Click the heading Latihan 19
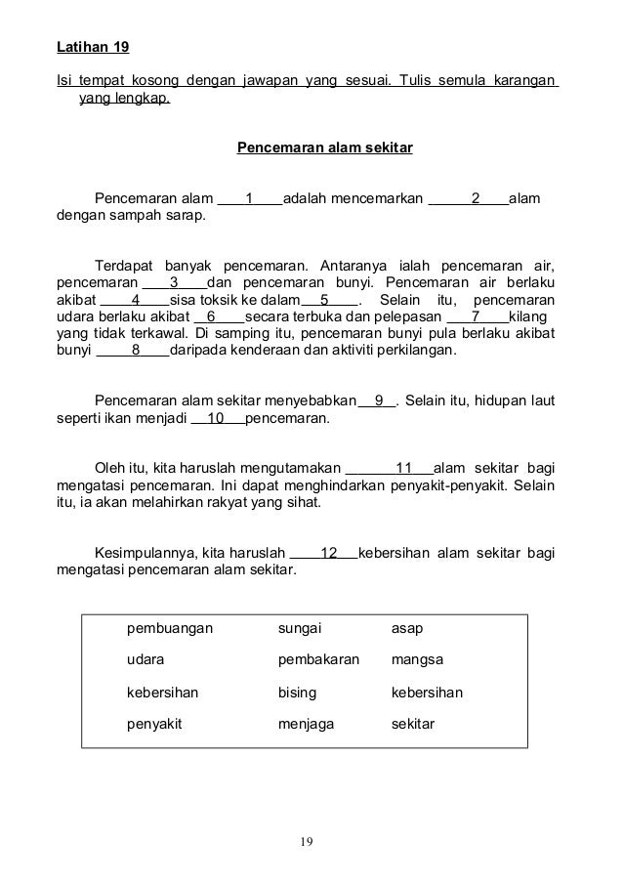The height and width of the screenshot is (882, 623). pyautogui.click(x=94, y=47)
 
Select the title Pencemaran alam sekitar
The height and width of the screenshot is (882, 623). pyautogui.click(x=325, y=148)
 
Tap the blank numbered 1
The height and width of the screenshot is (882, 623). pyautogui.click(x=250, y=199)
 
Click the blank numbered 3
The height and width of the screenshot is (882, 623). pyautogui.click(x=175, y=282)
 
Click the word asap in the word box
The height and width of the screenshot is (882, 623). pyautogui.click(x=407, y=628)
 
